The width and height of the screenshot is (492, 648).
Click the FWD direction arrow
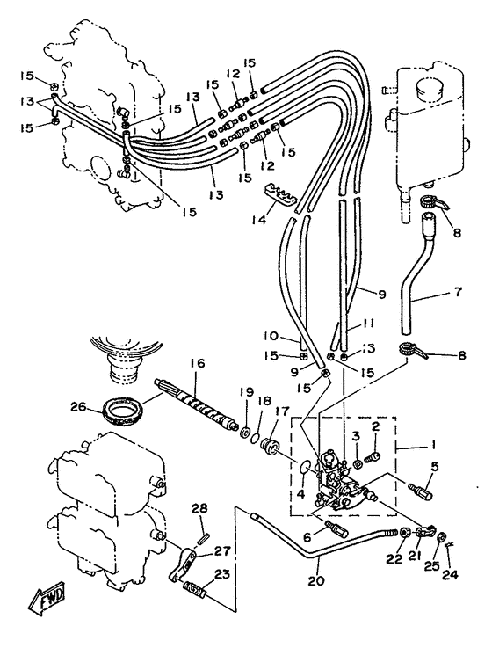[x=47, y=600]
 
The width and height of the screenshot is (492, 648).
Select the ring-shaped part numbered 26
[x=123, y=411]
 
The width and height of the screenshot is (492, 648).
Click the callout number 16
[x=198, y=364]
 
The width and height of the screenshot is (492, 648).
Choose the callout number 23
[x=221, y=575]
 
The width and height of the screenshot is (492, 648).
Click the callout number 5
[x=434, y=466]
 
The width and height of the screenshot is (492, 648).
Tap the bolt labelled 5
[x=420, y=491]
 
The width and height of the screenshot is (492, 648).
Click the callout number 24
[x=450, y=574]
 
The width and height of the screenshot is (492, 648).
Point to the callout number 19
[x=247, y=391]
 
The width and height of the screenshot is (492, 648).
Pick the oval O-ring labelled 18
[x=257, y=437]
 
